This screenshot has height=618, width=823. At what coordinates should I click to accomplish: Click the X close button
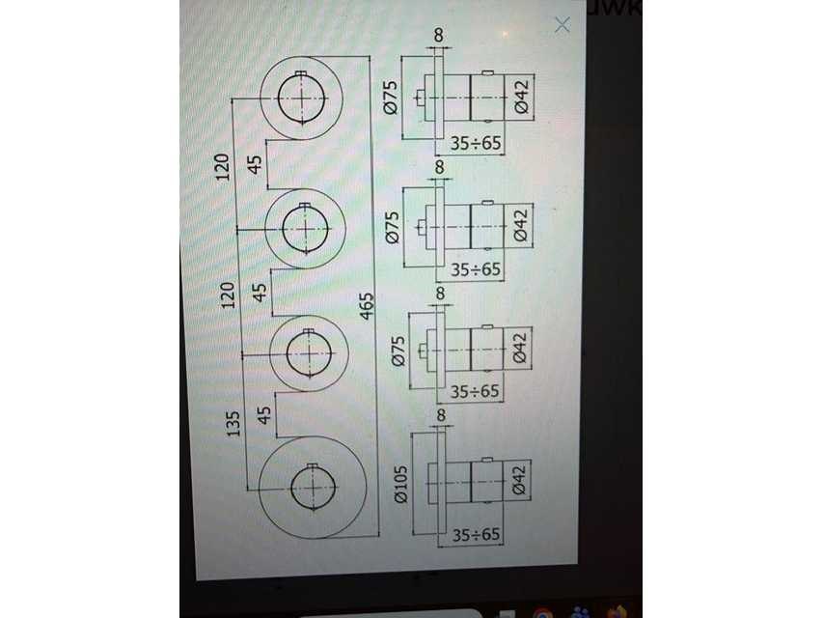[562, 25]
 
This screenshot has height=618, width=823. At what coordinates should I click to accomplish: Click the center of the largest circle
[314, 486]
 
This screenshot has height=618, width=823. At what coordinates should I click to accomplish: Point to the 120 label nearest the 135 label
[230, 295]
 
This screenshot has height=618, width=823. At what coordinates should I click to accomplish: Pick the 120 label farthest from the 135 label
[223, 165]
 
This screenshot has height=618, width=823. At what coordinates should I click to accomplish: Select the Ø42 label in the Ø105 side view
[518, 480]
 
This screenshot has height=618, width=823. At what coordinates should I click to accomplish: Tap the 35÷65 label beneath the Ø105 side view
[477, 534]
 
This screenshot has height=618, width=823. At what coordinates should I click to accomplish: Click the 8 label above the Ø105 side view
[441, 416]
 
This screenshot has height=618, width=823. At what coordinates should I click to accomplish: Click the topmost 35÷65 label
[477, 145]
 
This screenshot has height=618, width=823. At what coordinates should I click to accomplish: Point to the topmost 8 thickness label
[439, 36]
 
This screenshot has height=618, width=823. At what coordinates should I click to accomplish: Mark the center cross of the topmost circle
[302, 97]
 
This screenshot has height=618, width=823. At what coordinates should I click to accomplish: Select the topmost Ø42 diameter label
[521, 98]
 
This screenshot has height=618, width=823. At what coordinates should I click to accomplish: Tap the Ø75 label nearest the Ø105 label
[398, 350]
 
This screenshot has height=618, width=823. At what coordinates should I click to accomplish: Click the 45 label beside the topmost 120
[256, 164]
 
